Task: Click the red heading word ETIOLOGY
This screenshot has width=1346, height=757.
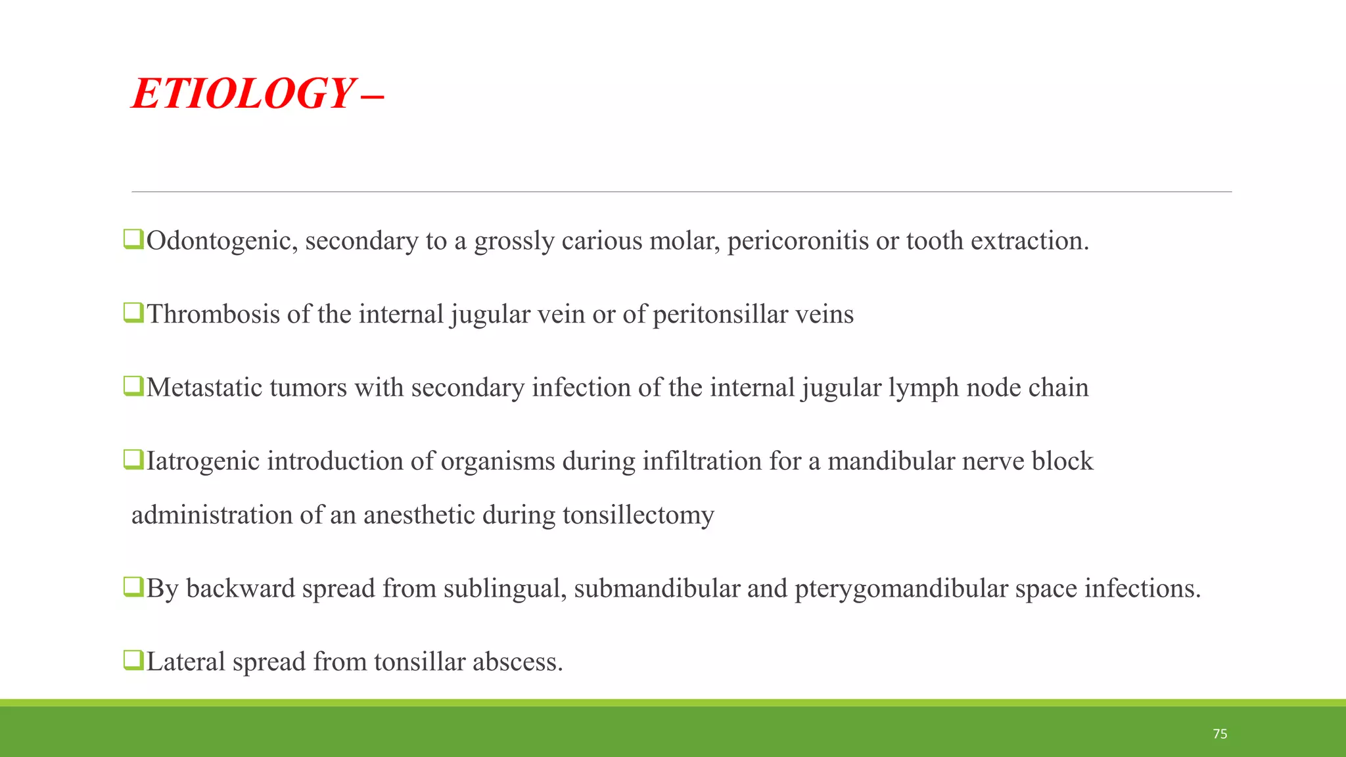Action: point(243,93)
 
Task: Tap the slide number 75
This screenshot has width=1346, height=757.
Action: point(1220,734)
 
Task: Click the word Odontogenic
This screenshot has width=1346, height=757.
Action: point(222,242)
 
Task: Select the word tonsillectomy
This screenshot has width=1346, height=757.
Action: point(638,515)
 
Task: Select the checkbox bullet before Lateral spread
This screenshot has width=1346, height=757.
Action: point(133,660)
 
